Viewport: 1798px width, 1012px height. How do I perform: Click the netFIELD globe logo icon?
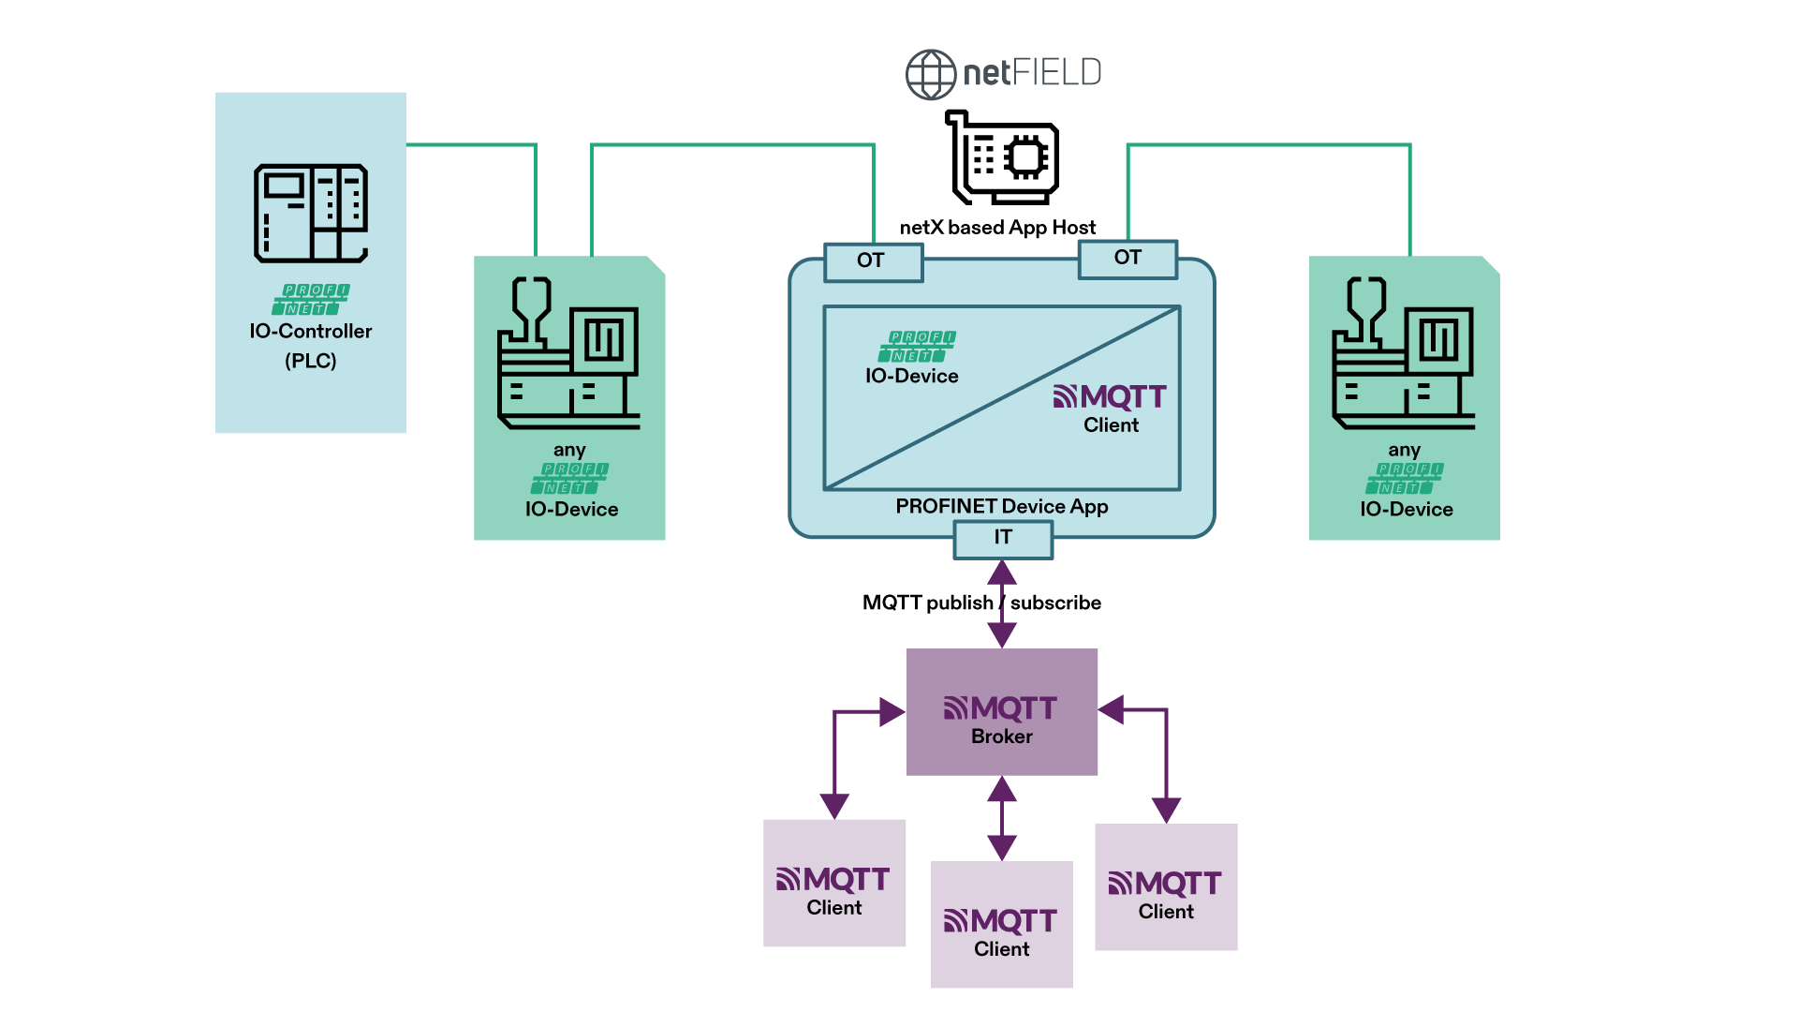pos(930,74)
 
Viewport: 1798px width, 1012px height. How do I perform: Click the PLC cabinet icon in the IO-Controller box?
pos(311,213)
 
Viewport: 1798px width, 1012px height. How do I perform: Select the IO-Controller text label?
pos(311,332)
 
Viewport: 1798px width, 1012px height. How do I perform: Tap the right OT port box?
pos(1127,259)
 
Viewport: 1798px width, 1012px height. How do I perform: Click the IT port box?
pos(1003,539)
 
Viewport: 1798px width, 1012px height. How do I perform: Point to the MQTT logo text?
pos(1111,397)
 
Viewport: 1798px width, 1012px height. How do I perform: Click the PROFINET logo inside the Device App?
pos(917,347)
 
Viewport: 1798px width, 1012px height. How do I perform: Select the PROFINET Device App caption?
pos(1001,507)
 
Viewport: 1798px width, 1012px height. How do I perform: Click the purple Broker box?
pos(1002,712)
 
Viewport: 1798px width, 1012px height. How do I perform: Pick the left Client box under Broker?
pos(834,883)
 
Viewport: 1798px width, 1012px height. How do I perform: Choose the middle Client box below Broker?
pos(1002,924)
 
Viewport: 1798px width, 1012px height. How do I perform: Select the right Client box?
pos(1166,887)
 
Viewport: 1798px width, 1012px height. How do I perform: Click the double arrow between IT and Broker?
pos(1002,604)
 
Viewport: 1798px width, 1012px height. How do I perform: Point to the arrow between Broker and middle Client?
pos(1002,818)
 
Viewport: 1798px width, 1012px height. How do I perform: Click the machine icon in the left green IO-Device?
pos(568,353)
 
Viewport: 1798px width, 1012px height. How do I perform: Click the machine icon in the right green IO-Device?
pos(1403,353)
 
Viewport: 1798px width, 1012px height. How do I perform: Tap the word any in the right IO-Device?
pos(1404,451)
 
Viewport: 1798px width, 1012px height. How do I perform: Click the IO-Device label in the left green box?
pos(571,510)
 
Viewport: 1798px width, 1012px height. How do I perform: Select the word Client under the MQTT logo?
pos(1111,425)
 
